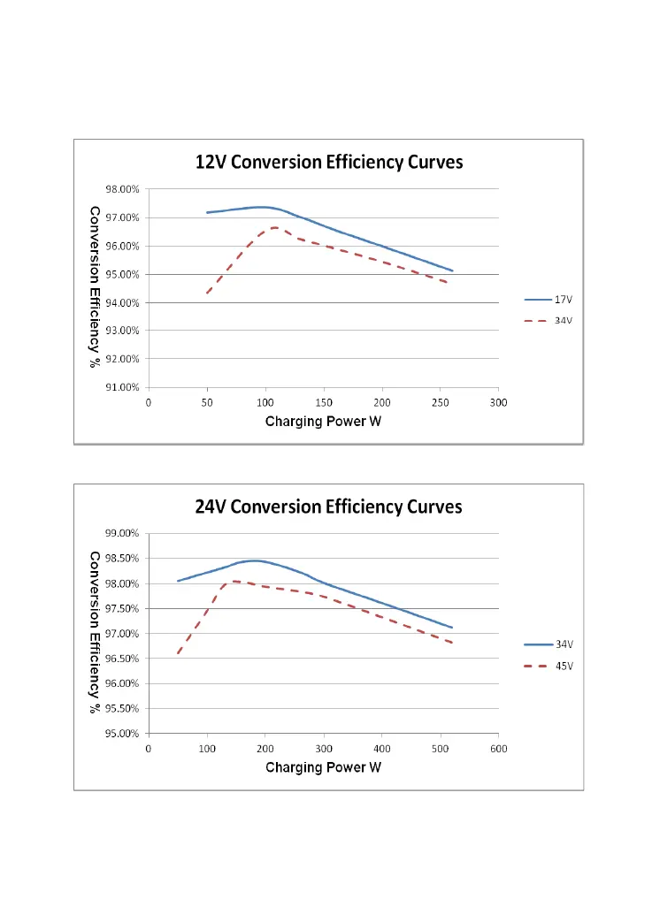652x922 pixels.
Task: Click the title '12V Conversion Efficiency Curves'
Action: (329, 163)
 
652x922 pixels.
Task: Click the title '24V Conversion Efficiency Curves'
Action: (328, 507)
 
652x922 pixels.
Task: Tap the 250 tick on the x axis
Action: (441, 402)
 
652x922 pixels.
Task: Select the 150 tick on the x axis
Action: (324, 402)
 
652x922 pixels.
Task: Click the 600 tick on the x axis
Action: (499, 748)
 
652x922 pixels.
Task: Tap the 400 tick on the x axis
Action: (382, 748)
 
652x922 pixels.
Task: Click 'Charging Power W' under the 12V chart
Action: (324, 421)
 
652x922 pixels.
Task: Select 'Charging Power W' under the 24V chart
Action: (324, 767)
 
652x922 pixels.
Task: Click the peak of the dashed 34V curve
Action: (275, 227)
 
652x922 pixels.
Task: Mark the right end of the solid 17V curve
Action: (452, 271)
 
